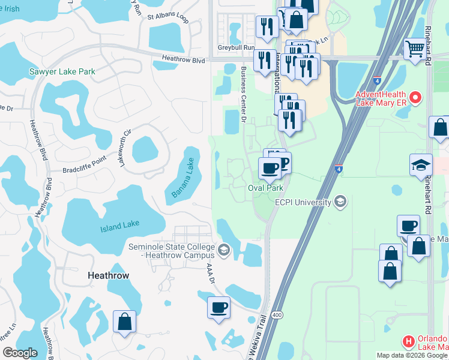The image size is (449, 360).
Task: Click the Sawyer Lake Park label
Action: (x=62, y=71)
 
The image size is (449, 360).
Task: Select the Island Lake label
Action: (x=119, y=225)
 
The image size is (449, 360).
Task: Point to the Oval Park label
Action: (x=266, y=188)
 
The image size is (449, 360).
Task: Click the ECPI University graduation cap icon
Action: (x=341, y=201)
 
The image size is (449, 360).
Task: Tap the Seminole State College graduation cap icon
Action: (x=224, y=250)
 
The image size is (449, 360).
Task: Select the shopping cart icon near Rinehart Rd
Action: (x=415, y=49)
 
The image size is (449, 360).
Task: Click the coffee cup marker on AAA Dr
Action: (x=218, y=307)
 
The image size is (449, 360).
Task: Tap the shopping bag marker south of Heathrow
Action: (x=124, y=322)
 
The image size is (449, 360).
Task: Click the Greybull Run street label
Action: (x=237, y=47)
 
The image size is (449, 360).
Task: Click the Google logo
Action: (x=20, y=352)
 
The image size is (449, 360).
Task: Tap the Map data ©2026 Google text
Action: (x=412, y=355)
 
